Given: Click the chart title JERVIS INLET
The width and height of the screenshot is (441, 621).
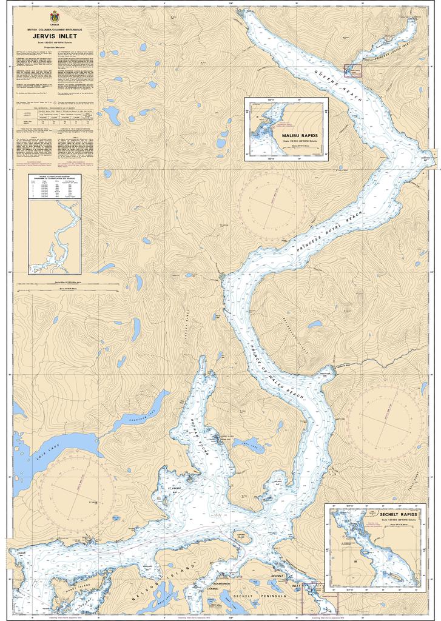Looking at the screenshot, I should (51, 36).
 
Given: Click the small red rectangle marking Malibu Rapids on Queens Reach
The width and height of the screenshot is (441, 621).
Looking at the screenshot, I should (352, 71).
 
